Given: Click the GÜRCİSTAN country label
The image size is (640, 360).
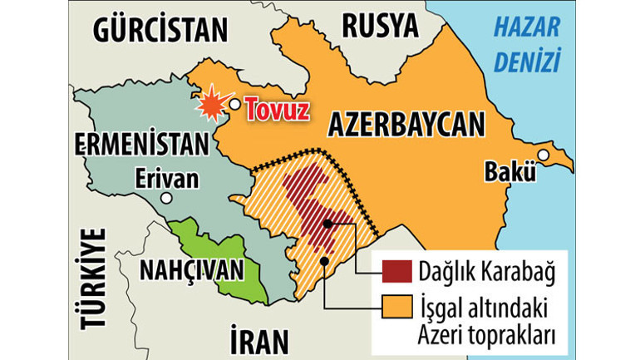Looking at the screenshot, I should click(x=160, y=30).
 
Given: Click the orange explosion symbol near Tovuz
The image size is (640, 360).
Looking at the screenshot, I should click(x=211, y=104).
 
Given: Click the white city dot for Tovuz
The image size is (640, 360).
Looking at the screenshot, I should click(x=236, y=105).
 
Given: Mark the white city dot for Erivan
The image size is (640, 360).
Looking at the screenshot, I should click(x=168, y=199).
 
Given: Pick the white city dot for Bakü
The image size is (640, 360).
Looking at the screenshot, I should click(x=543, y=155).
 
